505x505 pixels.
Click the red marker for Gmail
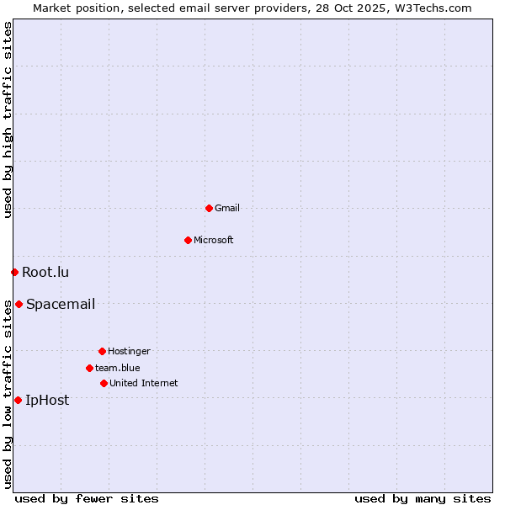[209, 208]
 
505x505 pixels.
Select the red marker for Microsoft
[188, 240]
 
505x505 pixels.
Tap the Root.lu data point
[14, 272]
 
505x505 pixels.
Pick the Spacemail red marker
[19, 304]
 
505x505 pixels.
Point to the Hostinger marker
[102, 351]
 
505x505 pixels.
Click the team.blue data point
[89, 368]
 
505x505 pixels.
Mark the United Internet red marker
[104, 383]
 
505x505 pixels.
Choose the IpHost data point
[18, 400]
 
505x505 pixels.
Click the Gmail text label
[227, 208]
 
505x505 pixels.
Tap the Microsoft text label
[214, 240]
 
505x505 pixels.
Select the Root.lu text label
[45, 272]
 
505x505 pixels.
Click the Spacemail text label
[61, 304]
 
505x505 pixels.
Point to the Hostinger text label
[129, 351]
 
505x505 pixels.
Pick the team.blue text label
[118, 368]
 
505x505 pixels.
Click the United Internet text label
[144, 383]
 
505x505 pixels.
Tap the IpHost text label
[47, 400]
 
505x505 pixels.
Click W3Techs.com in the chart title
[433, 8]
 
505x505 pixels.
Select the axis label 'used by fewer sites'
[87, 498]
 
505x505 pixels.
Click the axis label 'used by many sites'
[423, 498]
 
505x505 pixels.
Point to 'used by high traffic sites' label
[8, 120]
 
